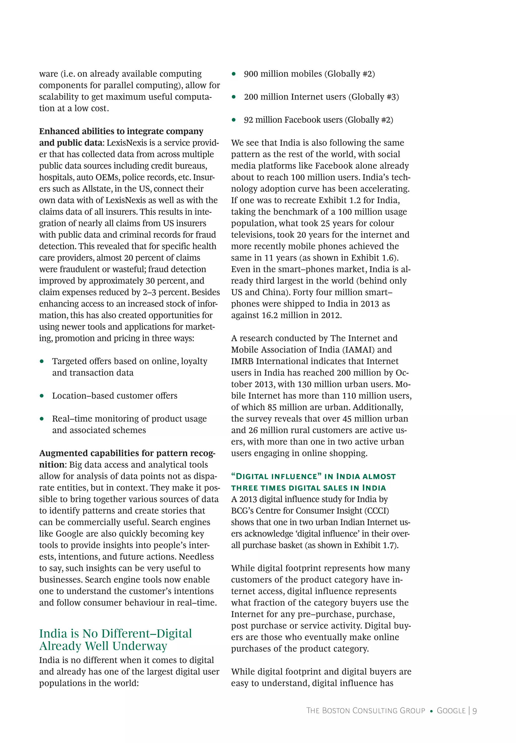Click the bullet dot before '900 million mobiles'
pyautogui.click(x=234, y=74)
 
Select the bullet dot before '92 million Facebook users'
pyautogui.click(x=234, y=120)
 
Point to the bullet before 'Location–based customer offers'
pyautogui.click(x=42, y=396)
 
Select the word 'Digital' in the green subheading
pyautogui.click(x=253, y=477)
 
